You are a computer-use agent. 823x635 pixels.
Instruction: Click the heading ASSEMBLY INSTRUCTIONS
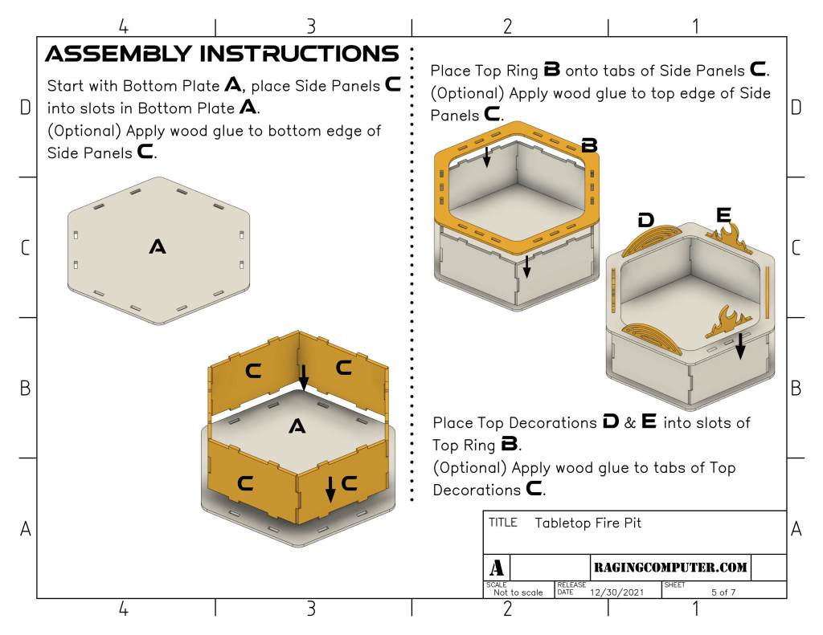point(222,54)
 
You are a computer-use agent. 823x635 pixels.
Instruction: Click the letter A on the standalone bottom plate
point(158,246)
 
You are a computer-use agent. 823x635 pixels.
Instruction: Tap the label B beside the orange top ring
point(589,145)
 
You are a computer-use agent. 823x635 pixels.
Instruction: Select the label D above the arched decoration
point(645,220)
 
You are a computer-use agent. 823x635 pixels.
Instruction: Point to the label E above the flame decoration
point(724,215)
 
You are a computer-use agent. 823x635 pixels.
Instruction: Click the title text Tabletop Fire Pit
point(588,523)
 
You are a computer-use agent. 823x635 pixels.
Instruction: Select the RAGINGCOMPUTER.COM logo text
point(670,567)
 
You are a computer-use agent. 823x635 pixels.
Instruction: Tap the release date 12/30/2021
point(616,592)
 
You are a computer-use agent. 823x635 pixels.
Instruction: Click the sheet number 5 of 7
point(723,592)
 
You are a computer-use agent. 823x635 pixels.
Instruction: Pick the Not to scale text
point(518,592)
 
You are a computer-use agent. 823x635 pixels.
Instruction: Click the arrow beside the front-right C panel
point(330,489)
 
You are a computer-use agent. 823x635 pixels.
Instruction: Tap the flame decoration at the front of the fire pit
point(729,322)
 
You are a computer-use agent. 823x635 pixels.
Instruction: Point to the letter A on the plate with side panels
point(297,426)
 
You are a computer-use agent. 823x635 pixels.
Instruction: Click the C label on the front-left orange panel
point(245,483)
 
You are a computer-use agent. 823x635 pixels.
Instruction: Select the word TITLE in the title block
point(503,523)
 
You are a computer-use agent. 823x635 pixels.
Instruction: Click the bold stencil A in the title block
point(497,568)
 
